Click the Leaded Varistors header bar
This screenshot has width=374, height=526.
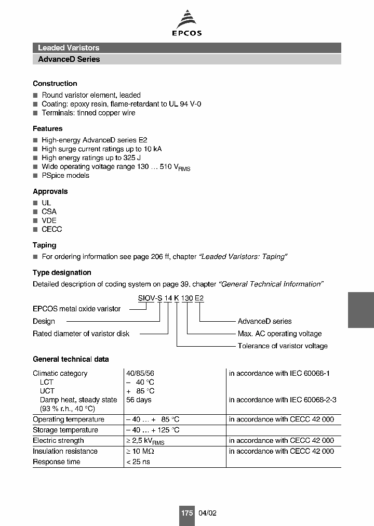[186, 48]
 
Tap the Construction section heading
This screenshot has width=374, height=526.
[55, 84]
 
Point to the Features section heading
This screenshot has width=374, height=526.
[47, 128]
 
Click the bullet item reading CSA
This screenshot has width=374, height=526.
[49, 212]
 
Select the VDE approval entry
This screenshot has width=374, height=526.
[49, 220]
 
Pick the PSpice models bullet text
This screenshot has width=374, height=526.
[65, 176]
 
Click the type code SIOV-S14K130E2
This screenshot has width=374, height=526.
[171, 298]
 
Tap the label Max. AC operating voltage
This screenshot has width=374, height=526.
[279, 334]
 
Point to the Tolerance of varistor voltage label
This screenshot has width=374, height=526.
[283, 346]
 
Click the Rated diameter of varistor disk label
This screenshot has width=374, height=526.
[81, 334]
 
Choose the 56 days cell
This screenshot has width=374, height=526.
[139, 400]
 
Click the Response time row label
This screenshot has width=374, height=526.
[57, 462]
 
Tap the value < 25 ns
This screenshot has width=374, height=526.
[138, 462]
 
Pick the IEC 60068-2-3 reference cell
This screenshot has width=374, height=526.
[283, 400]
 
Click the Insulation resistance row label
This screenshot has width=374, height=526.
[65, 451]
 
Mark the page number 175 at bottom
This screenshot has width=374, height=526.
[187, 513]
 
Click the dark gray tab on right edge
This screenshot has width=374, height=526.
[360, 309]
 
